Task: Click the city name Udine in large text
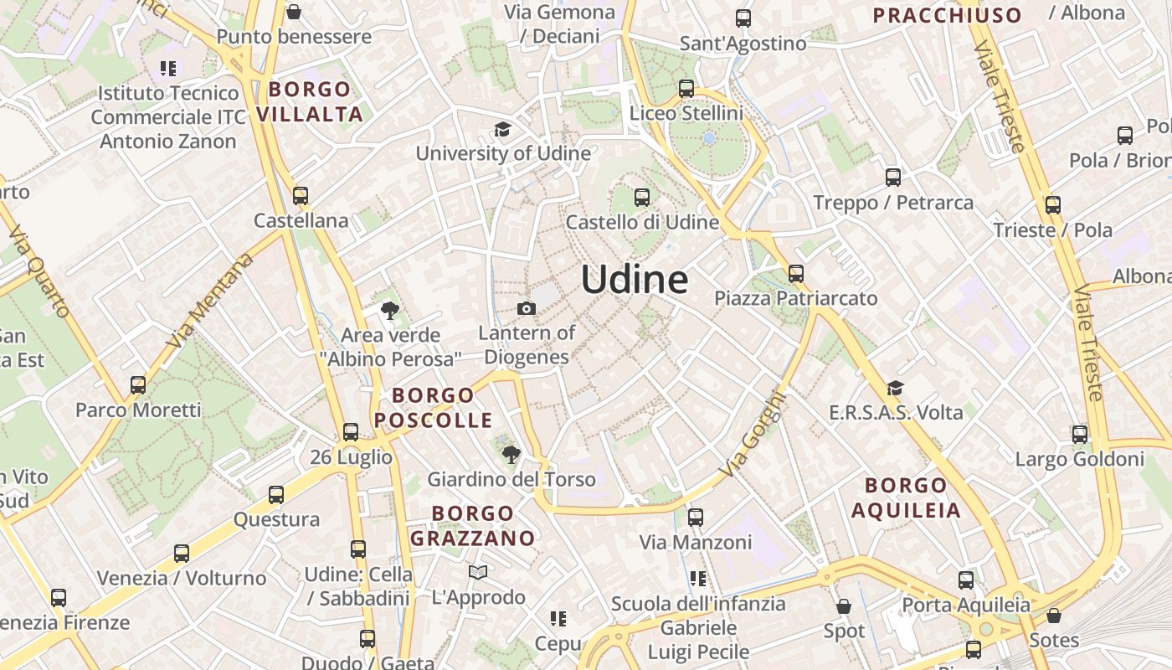(635, 279)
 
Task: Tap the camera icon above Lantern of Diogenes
(527, 309)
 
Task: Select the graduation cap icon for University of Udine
(502, 130)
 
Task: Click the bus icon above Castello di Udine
(642, 198)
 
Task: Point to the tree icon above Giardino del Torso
(511, 455)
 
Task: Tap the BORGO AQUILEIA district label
(906, 497)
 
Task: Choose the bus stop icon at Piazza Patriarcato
(795, 274)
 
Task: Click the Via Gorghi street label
(753, 435)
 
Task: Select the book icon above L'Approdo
(478, 573)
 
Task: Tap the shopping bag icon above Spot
(844, 606)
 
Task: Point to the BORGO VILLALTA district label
(310, 101)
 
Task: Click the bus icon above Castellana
(301, 196)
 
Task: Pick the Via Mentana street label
(210, 301)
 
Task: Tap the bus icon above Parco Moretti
(138, 386)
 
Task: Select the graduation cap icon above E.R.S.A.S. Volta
(895, 388)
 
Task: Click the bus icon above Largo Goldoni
(1080, 435)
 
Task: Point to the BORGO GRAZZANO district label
(473, 525)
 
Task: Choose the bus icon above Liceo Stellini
(686, 89)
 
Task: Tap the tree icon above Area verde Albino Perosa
(389, 311)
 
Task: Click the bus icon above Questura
(276, 495)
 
